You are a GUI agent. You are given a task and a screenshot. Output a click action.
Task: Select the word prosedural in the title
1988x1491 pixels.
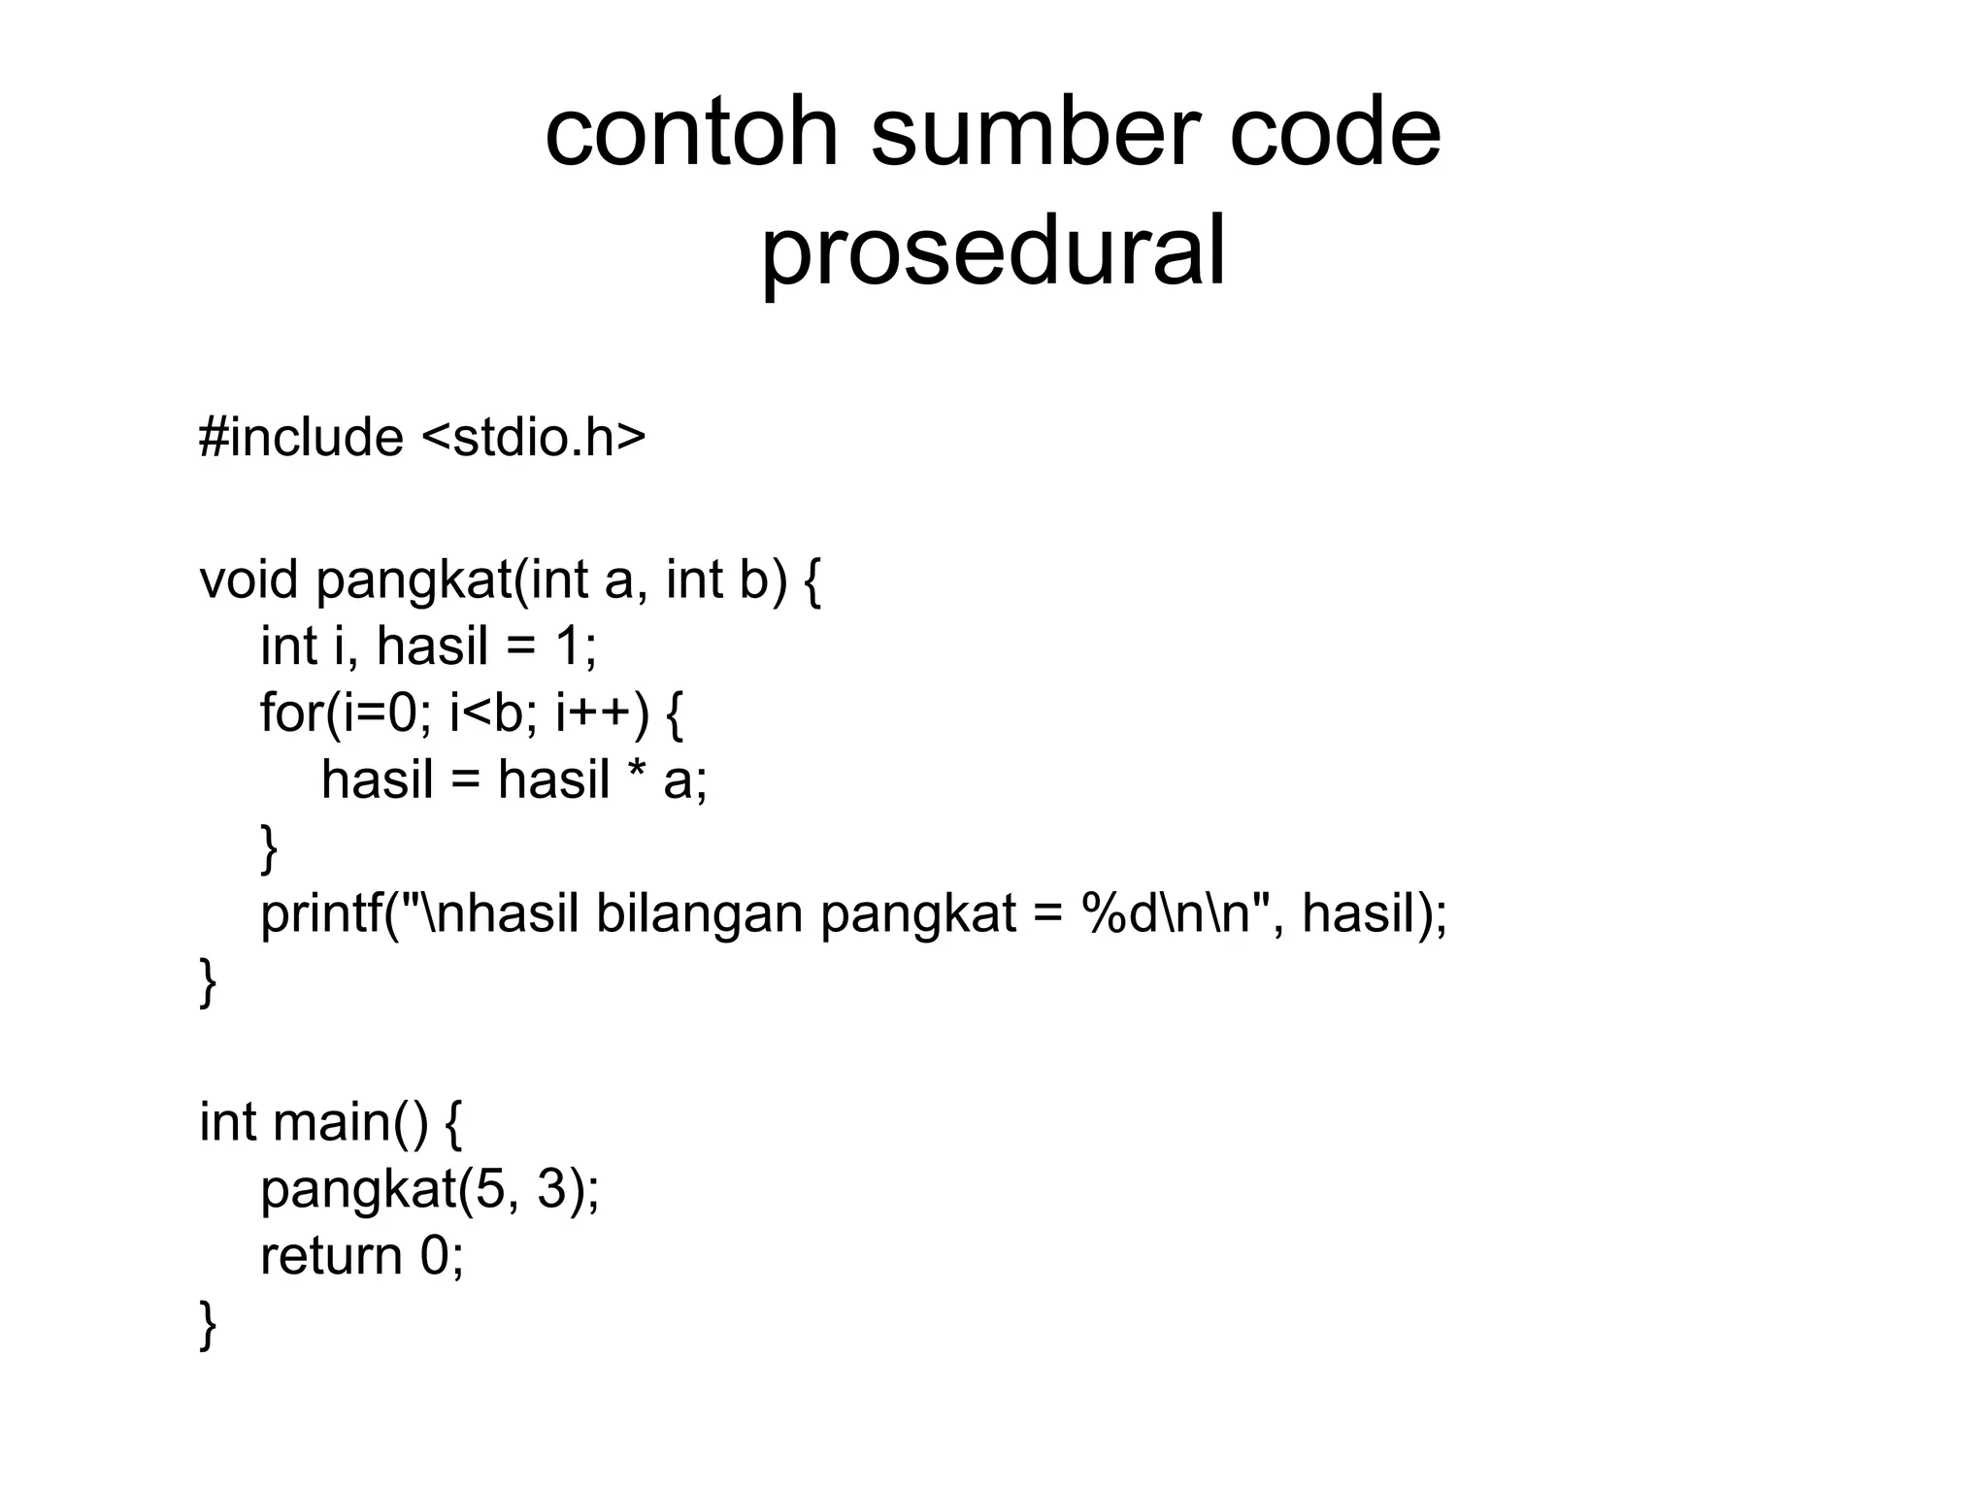(x=993, y=252)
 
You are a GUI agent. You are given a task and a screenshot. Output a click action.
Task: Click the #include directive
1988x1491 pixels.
(x=301, y=438)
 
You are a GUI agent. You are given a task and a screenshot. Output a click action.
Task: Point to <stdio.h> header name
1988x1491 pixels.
(x=534, y=438)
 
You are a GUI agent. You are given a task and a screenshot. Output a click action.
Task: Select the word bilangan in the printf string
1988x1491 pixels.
(x=699, y=914)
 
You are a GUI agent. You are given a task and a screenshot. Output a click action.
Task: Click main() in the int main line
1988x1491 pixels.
(x=349, y=1123)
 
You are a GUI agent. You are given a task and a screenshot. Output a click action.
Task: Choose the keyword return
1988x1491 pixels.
(x=330, y=1256)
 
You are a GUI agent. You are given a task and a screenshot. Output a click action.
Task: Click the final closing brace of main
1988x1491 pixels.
(x=207, y=1326)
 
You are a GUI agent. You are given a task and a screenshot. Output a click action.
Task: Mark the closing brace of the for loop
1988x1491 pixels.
(x=268, y=848)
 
